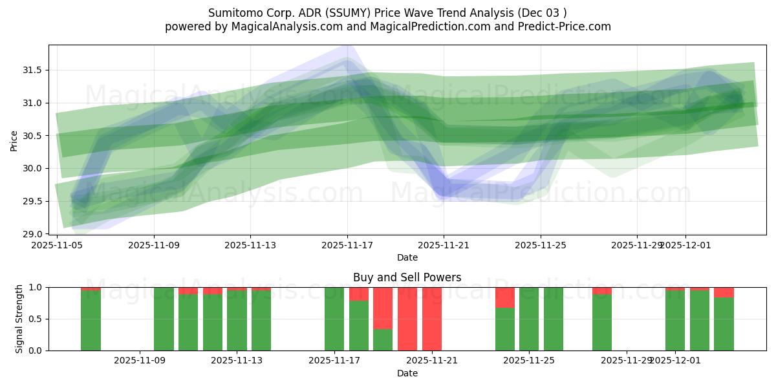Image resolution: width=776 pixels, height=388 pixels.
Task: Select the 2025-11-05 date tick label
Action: pos(58,246)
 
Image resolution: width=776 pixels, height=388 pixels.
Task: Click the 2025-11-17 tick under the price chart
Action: pos(347,246)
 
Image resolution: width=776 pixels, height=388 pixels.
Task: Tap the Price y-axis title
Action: pos(14,140)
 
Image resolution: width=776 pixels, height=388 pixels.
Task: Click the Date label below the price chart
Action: pos(407,257)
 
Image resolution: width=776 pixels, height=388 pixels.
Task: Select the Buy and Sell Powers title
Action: pos(407,277)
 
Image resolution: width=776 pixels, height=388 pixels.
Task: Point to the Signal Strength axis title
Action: pos(19,318)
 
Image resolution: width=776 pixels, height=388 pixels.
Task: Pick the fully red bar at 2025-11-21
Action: pos(432,319)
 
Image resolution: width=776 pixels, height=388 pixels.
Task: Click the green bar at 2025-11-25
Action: pos(529,319)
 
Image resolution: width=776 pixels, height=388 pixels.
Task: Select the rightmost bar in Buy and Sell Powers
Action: pos(724,323)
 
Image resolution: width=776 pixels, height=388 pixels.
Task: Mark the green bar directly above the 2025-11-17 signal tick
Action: pos(334,319)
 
